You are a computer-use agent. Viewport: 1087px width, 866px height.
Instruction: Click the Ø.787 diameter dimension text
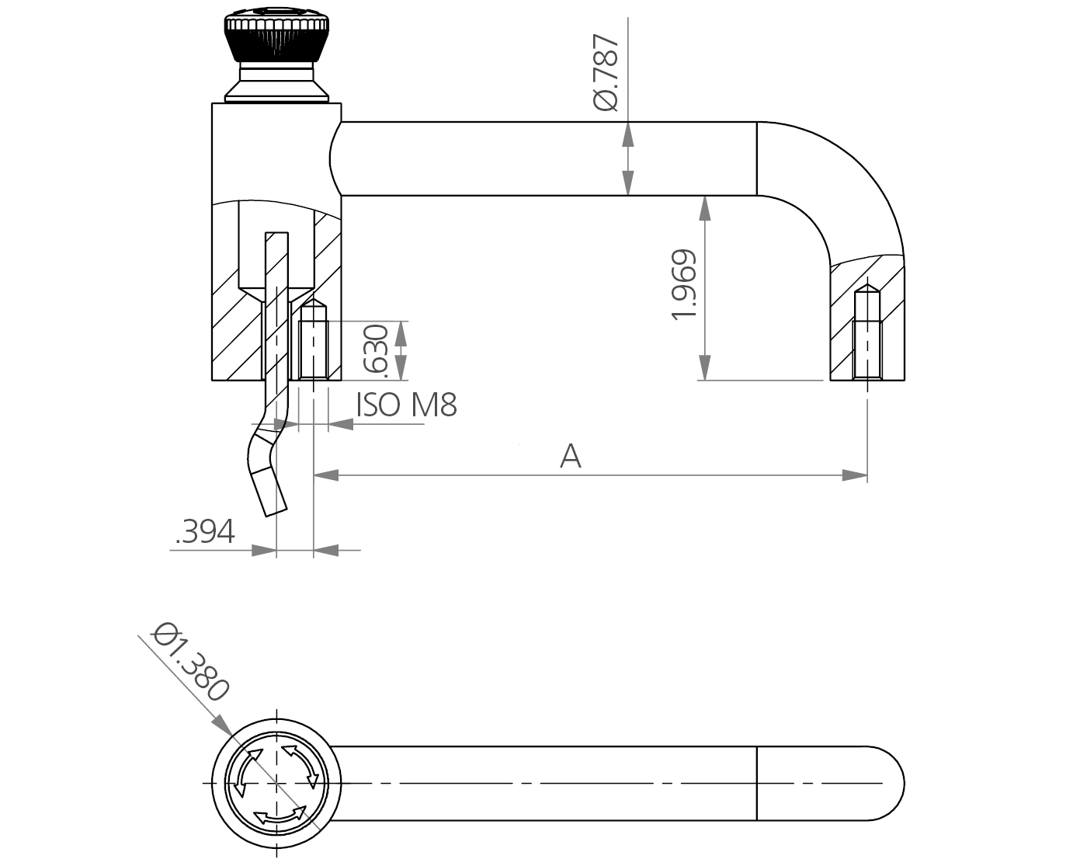click(x=606, y=73)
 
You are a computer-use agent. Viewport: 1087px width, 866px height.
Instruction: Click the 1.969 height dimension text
click(x=684, y=285)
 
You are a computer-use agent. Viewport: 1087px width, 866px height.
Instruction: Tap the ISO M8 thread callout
click(x=406, y=405)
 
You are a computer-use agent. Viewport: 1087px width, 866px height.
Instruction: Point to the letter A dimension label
click(x=571, y=457)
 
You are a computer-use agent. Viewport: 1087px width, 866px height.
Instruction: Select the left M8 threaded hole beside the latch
click(x=314, y=342)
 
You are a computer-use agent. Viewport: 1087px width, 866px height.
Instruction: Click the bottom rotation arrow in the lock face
click(x=280, y=816)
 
